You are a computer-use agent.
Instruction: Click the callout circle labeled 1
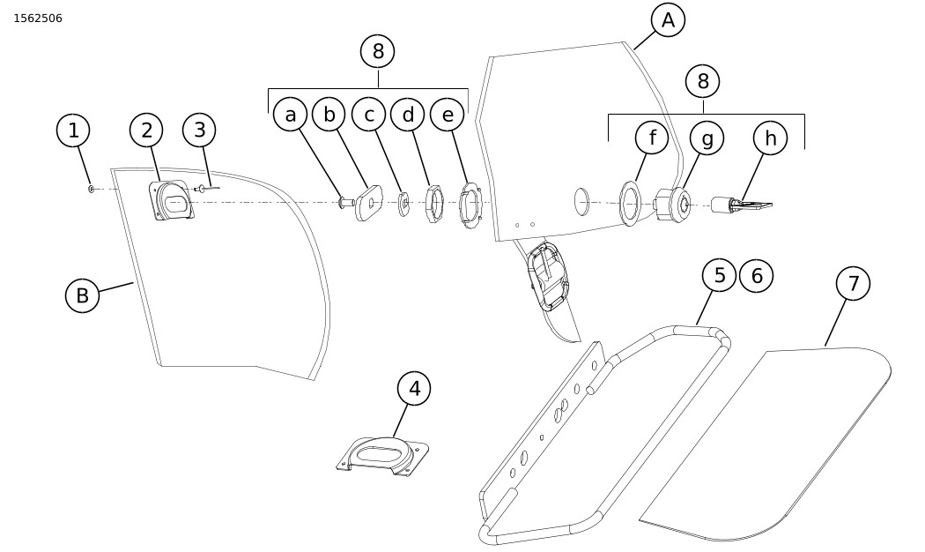point(73,131)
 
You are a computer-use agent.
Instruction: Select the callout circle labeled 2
point(146,131)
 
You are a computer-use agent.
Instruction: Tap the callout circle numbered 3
point(200,131)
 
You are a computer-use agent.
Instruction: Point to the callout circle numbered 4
point(414,388)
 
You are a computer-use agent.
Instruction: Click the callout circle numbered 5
point(720,275)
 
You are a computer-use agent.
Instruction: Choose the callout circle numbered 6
point(756,275)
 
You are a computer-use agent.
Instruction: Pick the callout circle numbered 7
point(853,283)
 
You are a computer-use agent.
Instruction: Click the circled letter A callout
point(668,19)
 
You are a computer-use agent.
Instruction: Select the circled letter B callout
point(82,295)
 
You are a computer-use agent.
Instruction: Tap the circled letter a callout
point(290,114)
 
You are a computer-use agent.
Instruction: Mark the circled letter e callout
point(448,114)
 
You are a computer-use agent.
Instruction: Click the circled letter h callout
point(770,138)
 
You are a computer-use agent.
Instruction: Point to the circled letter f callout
point(653,138)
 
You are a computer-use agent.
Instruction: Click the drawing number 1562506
point(38,19)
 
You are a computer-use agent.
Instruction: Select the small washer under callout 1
point(92,189)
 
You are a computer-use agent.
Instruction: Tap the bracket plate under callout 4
point(382,456)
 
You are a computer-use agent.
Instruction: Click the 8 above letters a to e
point(378,51)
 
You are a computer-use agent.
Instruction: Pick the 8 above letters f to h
point(702,82)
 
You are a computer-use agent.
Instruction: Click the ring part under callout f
point(630,203)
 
